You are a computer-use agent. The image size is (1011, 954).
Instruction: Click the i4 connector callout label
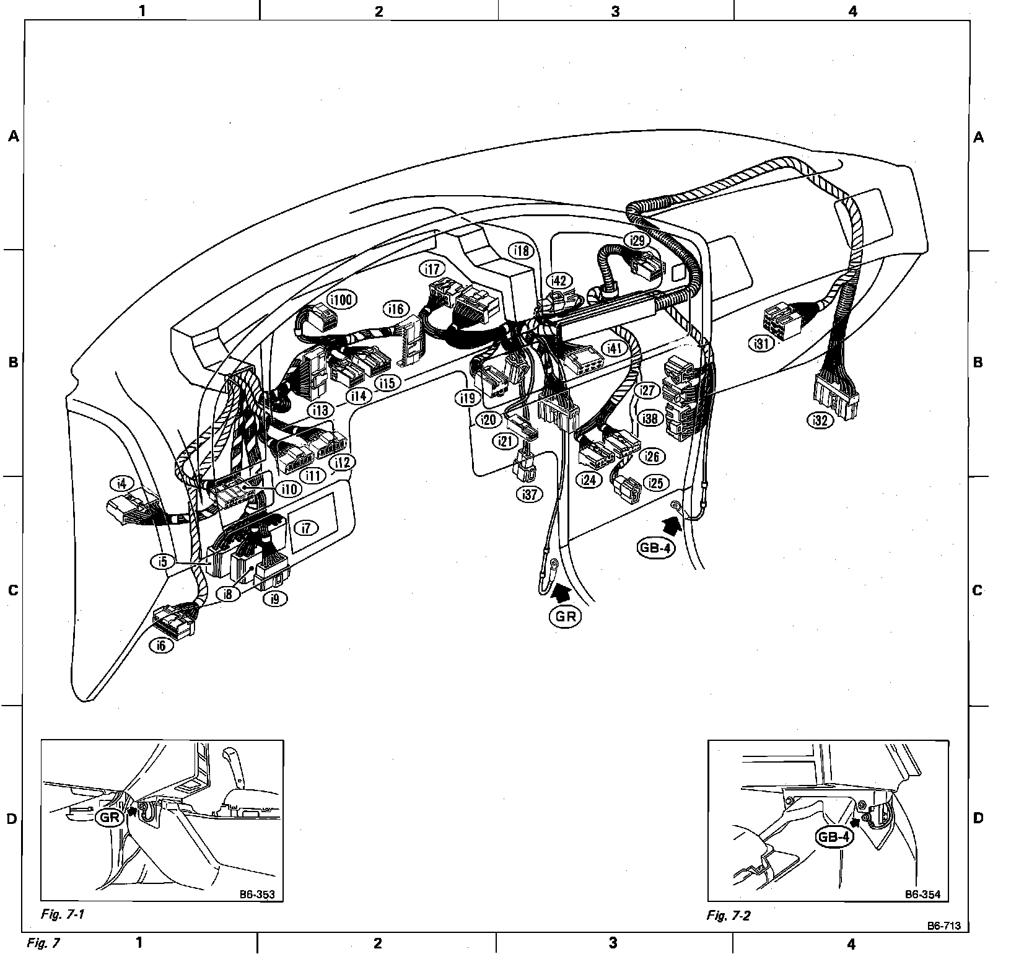[x=121, y=483]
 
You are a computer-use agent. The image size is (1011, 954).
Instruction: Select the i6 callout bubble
[x=161, y=645]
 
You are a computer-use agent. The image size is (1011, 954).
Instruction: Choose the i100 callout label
[x=341, y=300]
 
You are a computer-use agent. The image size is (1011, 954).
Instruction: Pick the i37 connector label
[x=529, y=495]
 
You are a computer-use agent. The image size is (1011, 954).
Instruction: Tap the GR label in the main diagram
[x=565, y=617]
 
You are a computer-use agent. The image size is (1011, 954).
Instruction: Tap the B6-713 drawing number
[x=944, y=943]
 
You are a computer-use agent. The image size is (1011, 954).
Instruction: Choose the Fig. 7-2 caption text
[x=729, y=916]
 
